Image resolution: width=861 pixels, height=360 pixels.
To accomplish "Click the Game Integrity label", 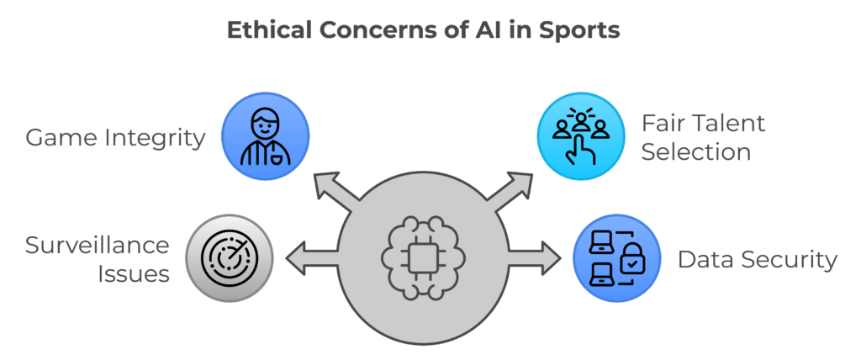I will tap(115, 136).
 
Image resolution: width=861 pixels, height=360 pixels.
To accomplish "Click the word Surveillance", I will tap(98, 246).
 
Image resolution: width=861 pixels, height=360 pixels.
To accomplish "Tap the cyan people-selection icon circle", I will tap(579, 135).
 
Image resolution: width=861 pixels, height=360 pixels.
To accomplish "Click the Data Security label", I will tap(757, 259).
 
